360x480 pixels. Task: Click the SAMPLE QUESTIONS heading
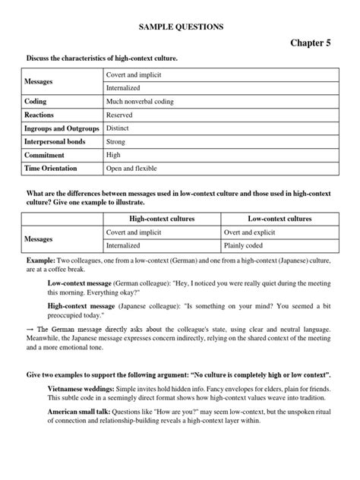click(x=180, y=27)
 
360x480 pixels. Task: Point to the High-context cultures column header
click(x=161, y=219)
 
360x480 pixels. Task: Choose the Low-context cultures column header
click(x=279, y=219)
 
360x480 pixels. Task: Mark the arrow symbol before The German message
click(x=30, y=329)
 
